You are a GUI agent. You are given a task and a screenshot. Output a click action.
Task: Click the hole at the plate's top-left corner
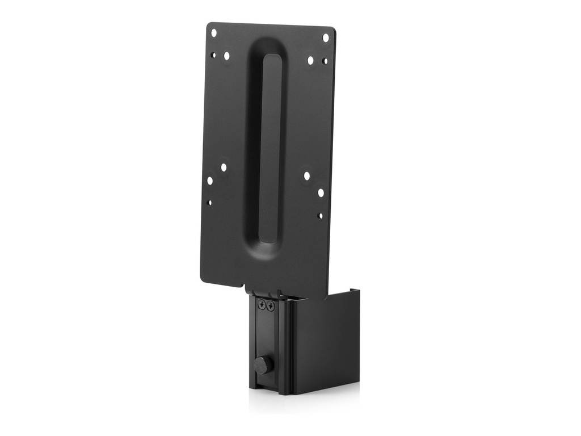click(x=214, y=33)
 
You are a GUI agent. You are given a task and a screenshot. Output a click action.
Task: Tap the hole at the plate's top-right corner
click(x=326, y=37)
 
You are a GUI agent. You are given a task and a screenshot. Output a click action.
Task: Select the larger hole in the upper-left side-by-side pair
click(x=226, y=56)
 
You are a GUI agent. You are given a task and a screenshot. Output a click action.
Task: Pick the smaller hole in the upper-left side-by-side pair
click(x=213, y=55)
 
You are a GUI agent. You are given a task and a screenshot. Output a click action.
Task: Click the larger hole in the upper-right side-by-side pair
click(x=310, y=60)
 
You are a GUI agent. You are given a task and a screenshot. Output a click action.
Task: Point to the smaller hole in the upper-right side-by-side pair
click(x=325, y=61)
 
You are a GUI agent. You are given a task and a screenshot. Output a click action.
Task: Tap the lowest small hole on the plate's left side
click(x=210, y=202)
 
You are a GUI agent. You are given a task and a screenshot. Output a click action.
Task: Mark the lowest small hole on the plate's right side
click(x=320, y=216)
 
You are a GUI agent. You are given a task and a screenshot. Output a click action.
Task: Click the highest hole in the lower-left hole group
click(x=224, y=167)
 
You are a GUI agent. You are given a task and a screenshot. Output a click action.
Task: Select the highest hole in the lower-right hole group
click(x=307, y=176)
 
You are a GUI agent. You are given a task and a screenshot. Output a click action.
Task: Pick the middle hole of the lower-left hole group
click(x=210, y=181)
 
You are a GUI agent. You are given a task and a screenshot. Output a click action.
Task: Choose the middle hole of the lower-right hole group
click(x=321, y=193)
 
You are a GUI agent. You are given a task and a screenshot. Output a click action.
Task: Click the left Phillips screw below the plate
click(x=262, y=305)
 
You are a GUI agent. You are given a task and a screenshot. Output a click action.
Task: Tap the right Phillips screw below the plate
click(x=270, y=307)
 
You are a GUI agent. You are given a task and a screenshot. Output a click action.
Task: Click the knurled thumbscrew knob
click(x=262, y=364)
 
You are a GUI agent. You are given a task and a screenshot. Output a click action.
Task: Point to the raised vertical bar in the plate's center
click(x=270, y=148)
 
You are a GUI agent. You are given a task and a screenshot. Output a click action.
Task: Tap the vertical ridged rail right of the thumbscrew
click(x=287, y=346)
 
